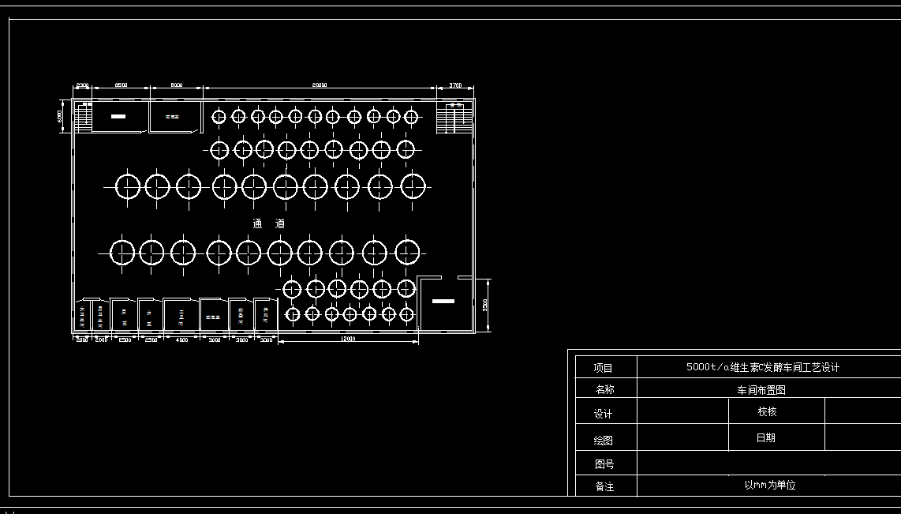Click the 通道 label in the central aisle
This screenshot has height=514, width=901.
point(269,223)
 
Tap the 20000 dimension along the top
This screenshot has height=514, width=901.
point(319,84)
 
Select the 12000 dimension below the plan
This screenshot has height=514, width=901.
point(348,340)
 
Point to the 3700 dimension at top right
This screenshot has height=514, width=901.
point(456,84)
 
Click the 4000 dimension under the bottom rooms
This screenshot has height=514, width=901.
point(182,340)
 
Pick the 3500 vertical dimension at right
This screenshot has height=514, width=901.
point(485,304)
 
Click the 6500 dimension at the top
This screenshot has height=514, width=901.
point(121,84)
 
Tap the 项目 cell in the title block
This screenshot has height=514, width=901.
point(603,368)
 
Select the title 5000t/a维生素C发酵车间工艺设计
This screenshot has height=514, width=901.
point(763,367)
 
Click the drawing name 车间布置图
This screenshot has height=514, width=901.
point(761,390)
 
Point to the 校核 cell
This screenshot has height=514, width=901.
point(767,411)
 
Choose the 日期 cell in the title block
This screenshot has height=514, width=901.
point(765,437)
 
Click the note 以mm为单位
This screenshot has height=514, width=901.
point(769,485)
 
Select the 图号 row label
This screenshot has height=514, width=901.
point(604,464)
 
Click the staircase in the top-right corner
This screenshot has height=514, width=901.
point(454,118)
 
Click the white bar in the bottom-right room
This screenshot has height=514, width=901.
point(443,302)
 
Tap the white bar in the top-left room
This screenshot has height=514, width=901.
point(118,116)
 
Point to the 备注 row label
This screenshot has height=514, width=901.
point(604,486)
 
